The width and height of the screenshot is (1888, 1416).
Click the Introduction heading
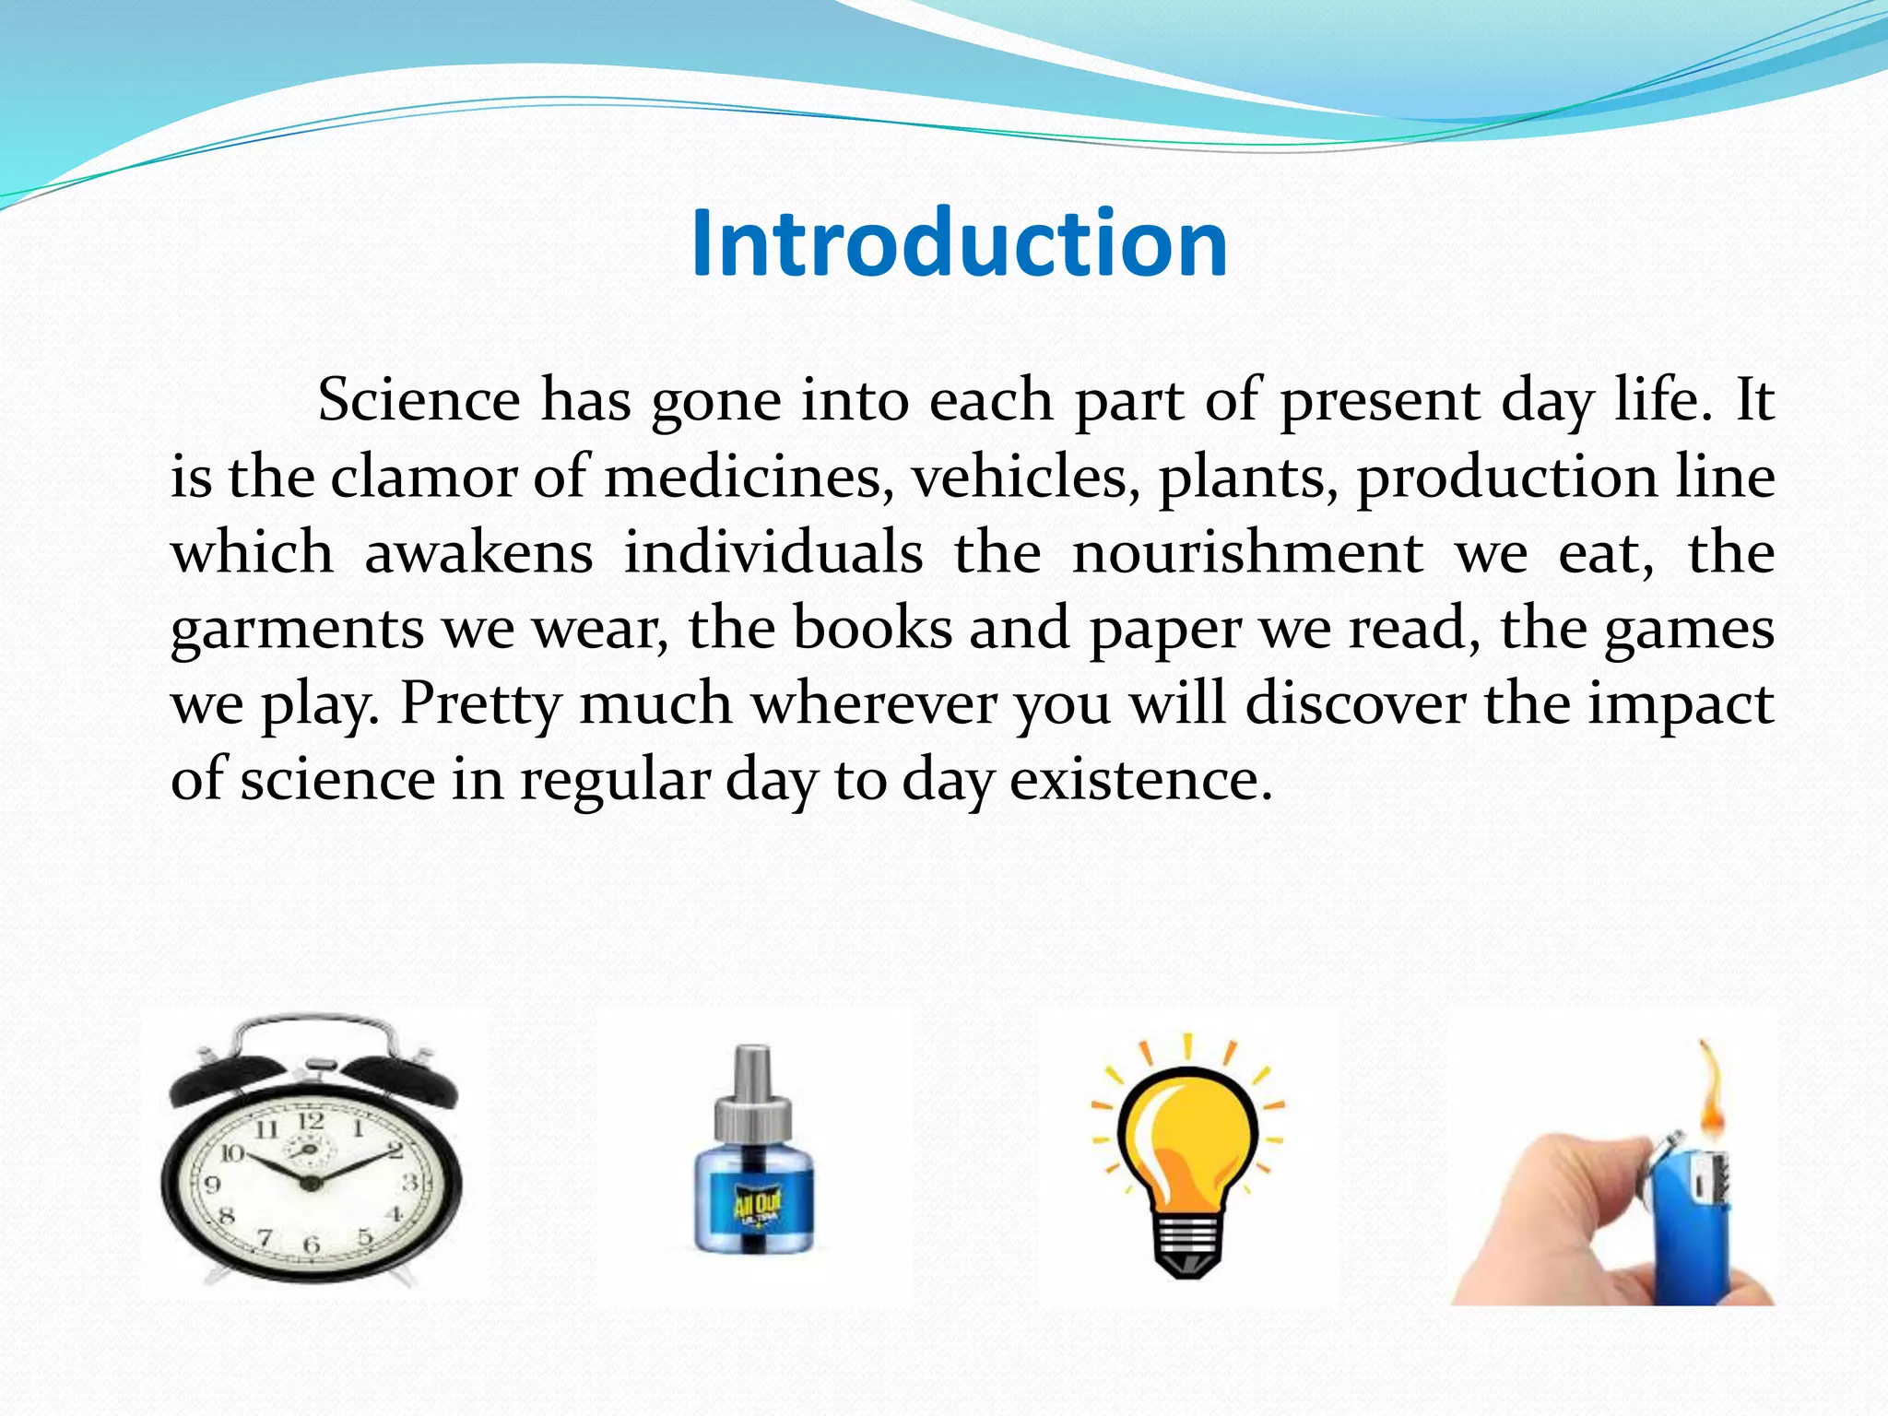(959, 242)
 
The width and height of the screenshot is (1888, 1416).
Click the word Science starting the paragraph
(419, 400)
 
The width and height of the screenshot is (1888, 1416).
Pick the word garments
(297, 630)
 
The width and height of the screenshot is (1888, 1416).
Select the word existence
(1141, 780)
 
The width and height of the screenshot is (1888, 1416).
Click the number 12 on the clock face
(311, 1121)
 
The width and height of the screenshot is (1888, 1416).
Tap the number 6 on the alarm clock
(312, 1245)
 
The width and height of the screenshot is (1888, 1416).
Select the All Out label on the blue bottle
(756, 1205)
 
